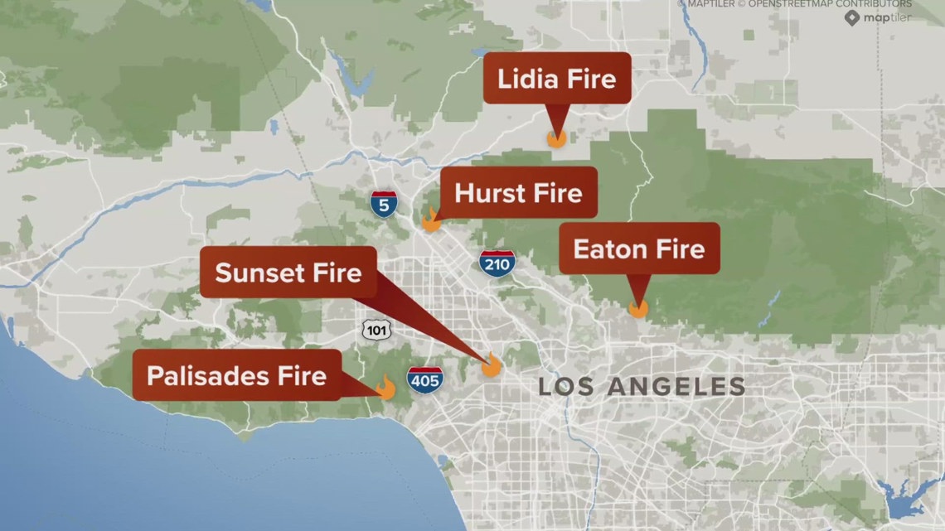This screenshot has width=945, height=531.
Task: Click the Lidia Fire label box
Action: tap(557, 79)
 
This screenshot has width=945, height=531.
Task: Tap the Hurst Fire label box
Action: tap(518, 193)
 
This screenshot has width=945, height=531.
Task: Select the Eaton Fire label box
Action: tap(639, 249)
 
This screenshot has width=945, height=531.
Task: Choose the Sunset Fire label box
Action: tap(288, 273)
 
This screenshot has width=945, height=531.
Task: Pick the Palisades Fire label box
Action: tap(236, 375)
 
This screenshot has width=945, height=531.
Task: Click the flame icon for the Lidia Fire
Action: tap(556, 138)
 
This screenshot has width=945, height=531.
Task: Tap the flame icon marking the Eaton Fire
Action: tap(637, 307)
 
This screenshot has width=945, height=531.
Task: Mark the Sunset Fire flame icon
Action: tap(491, 365)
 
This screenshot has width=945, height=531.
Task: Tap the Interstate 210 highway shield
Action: tap(497, 263)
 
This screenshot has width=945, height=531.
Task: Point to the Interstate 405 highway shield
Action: tap(424, 379)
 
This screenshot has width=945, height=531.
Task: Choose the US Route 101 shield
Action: tap(376, 330)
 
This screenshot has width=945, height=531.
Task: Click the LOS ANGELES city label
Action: tap(642, 386)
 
